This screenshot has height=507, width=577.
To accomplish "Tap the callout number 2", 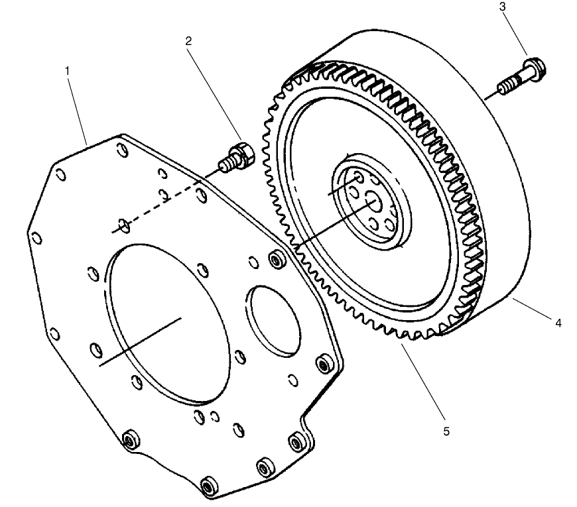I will pyautogui.click(x=188, y=40).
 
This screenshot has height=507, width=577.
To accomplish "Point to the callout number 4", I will pyautogui.click(x=558, y=323).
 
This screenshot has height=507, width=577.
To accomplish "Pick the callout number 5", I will pyautogui.click(x=446, y=431).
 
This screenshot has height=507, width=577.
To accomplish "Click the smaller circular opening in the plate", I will pyautogui.click(x=269, y=317).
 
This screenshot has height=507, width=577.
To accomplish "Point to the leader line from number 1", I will pyautogui.click(x=78, y=107).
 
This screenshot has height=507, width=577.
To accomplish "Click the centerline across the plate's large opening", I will pyautogui.click(x=140, y=341).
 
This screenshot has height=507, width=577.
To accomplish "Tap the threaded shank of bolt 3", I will pyautogui.click(x=507, y=87).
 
